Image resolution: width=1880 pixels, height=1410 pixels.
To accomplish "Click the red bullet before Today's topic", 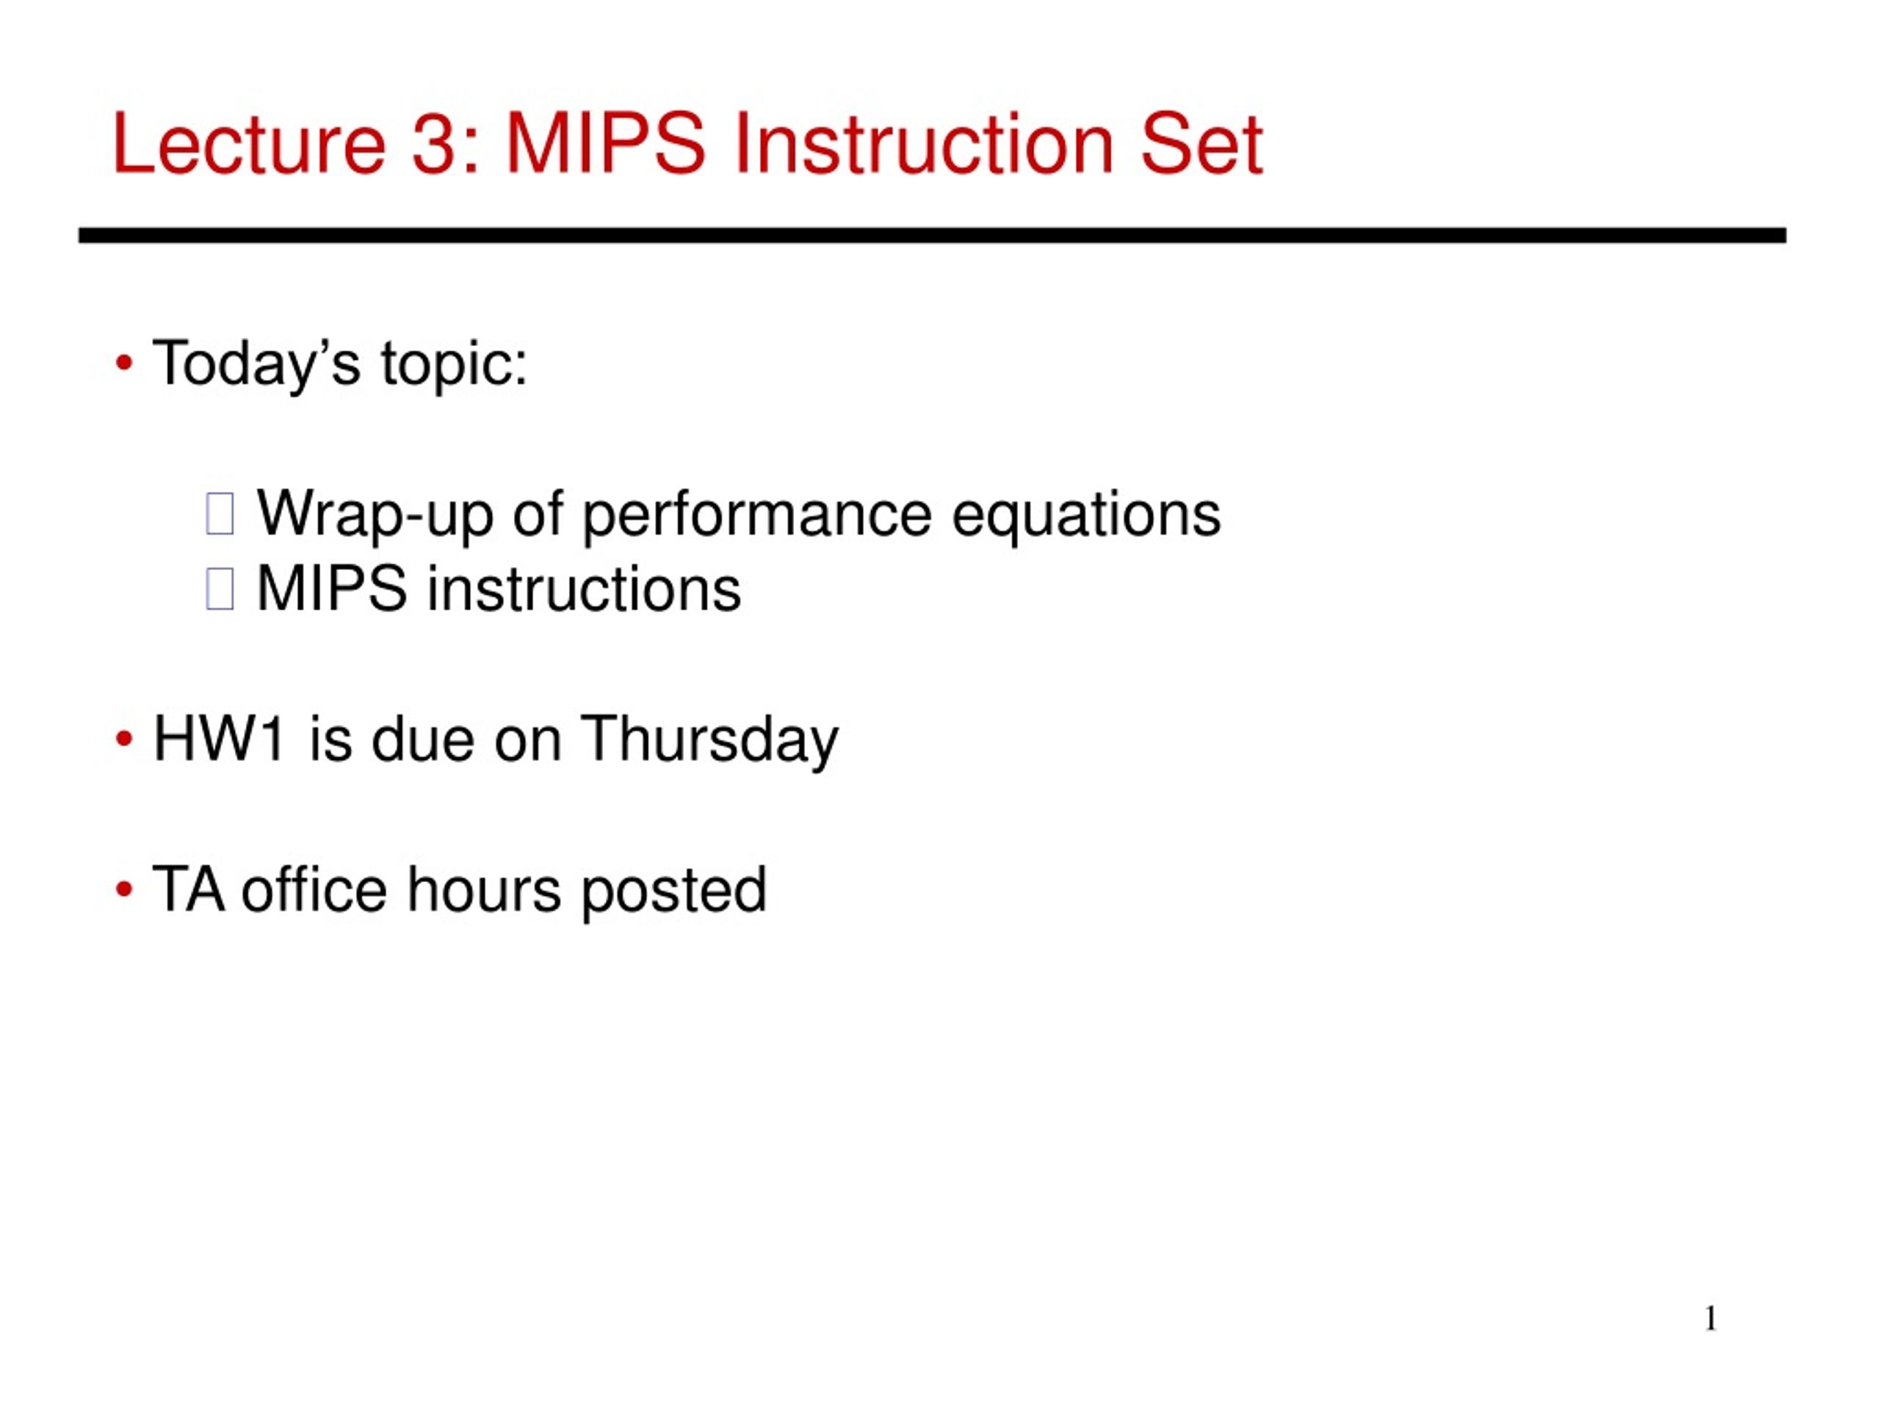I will click(124, 364).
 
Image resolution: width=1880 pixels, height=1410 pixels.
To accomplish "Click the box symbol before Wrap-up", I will click(220, 514).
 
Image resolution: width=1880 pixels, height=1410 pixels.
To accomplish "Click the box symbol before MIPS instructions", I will click(220, 589).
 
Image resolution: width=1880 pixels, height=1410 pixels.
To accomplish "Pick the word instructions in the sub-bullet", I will click(583, 589).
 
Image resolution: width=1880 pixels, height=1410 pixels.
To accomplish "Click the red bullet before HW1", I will click(124, 740).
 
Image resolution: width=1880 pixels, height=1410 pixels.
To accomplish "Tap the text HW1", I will click(218, 740).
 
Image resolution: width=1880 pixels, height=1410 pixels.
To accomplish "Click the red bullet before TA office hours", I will click(124, 890).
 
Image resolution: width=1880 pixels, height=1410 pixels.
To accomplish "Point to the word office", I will click(314, 890).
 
